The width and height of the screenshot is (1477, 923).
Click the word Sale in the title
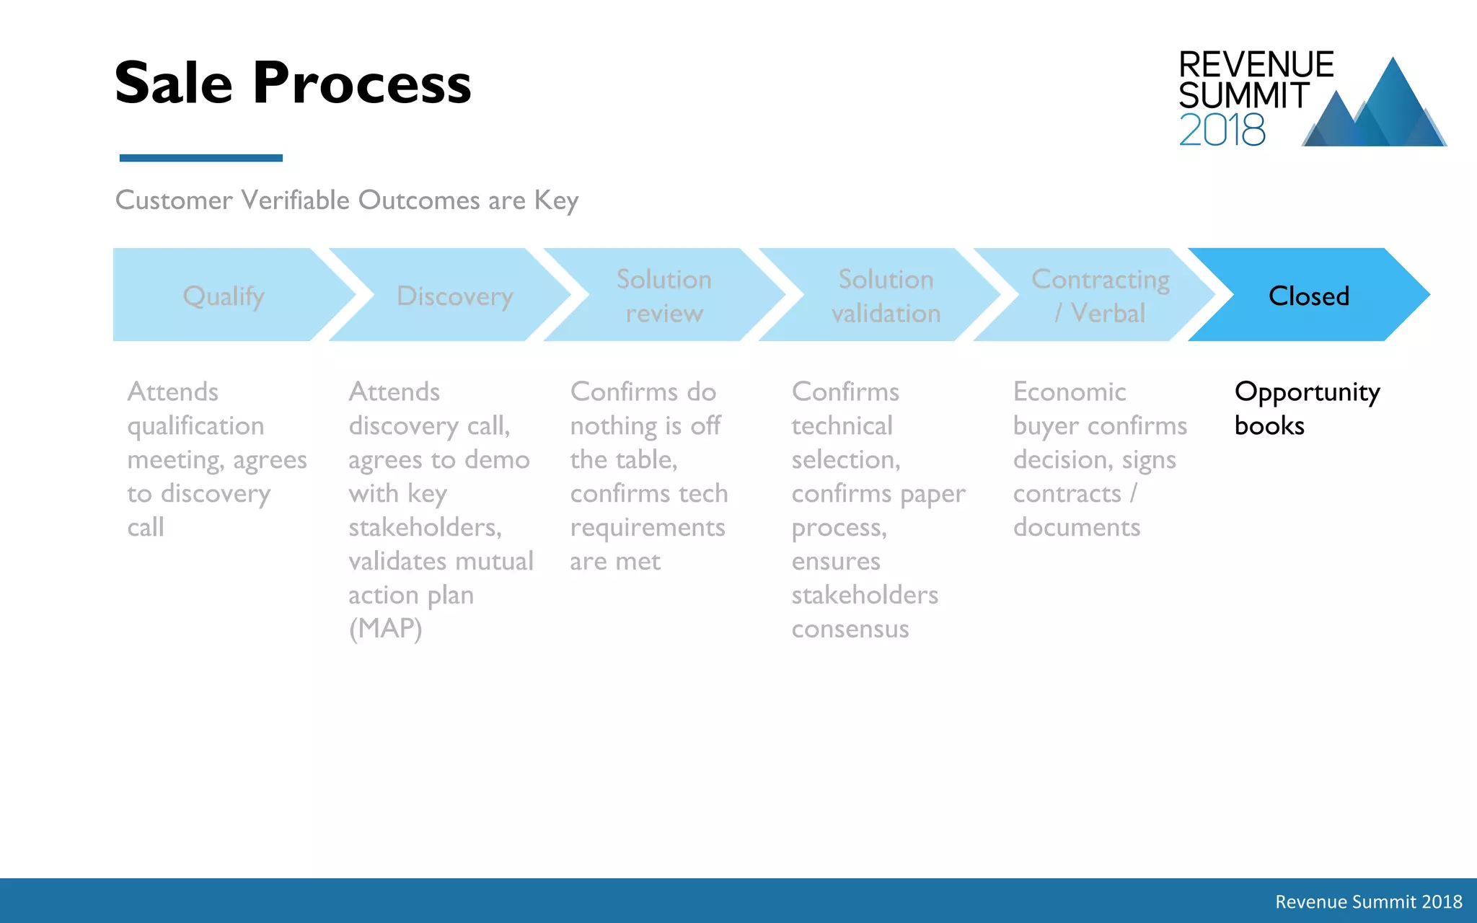click(173, 83)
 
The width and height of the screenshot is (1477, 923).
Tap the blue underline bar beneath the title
click(200, 158)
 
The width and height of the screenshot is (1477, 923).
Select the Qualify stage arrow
click(224, 296)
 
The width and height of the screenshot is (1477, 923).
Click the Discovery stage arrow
click(454, 296)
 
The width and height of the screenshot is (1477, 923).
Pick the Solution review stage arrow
click(663, 296)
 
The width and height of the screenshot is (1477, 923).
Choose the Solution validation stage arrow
click(886, 296)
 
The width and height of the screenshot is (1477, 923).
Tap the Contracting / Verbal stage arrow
click(1100, 296)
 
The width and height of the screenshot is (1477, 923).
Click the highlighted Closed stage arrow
click(1308, 296)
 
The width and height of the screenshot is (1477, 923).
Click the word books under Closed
click(1269, 426)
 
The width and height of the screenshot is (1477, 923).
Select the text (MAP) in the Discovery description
click(385, 629)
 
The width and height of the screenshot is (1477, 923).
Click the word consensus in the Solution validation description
click(850, 629)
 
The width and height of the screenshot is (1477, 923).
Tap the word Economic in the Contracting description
click(1069, 392)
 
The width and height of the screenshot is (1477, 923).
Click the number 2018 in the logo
click(1222, 131)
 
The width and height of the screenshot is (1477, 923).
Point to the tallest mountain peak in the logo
click(1393, 69)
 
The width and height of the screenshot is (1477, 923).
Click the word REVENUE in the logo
click(1256, 65)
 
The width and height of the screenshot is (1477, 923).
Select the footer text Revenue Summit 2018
click(1368, 901)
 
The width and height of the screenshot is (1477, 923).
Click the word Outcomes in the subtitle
click(419, 200)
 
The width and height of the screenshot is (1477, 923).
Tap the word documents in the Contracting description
click(1076, 527)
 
